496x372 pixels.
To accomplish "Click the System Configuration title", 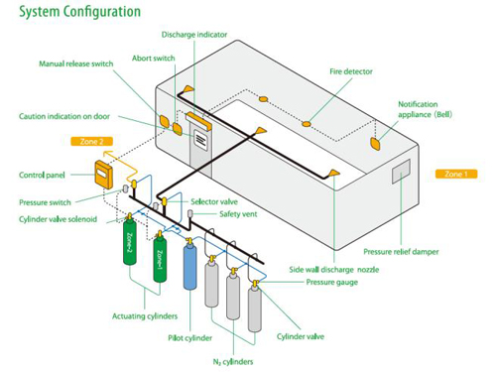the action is (x=79, y=12).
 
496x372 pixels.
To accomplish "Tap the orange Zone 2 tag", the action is (x=91, y=142).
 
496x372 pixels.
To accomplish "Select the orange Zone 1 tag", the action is (x=456, y=174).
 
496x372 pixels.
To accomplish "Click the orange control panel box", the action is (x=103, y=175).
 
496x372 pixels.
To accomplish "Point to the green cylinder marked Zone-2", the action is (x=130, y=242).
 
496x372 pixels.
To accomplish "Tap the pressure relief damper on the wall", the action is (x=401, y=171).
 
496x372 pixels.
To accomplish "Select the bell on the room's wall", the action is (x=376, y=144).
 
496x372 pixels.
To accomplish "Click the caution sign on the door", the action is (x=200, y=140).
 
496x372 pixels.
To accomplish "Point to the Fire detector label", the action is (x=351, y=71).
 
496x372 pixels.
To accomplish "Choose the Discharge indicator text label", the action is (x=194, y=35).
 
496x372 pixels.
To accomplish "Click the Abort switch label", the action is (x=153, y=59).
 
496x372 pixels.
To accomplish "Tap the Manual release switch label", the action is (x=76, y=63).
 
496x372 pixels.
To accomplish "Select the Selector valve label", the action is (x=214, y=201).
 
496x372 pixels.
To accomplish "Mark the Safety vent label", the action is (x=238, y=214).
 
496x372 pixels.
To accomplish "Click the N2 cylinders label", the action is (x=233, y=362).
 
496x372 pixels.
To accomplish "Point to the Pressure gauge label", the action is (x=332, y=282).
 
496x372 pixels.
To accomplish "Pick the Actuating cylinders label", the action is (x=145, y=316).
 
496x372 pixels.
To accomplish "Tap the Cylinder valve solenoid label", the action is (x=58, y=219).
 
